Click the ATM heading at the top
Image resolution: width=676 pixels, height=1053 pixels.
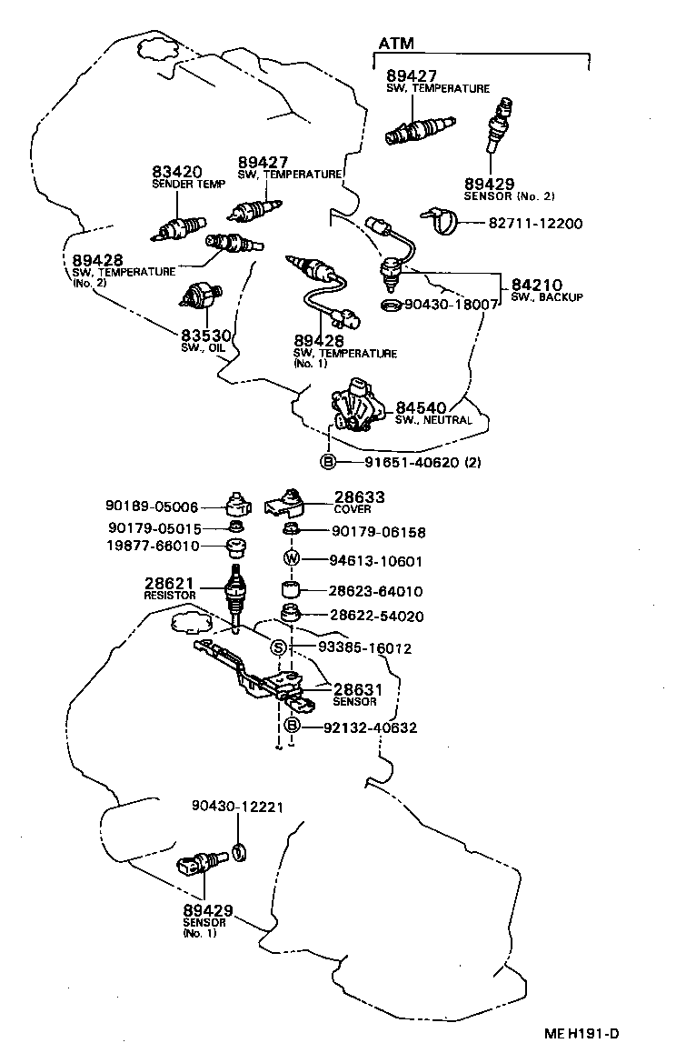click(x=395, y=43)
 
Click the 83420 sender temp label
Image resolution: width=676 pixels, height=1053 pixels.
click(x=176, y=172)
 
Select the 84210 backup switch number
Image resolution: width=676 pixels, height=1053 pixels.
click(x=538, y=285)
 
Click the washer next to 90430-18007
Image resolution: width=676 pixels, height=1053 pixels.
click(x=391, y=305)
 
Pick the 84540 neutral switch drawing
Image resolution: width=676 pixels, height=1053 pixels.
click(x=354, y=404)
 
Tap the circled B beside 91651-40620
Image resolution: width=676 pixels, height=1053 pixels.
click(x=328, y=462)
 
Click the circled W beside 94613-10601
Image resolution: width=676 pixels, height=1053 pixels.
click(x=293, y=560)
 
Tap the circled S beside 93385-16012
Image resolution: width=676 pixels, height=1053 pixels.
click(x=279, y=648)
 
